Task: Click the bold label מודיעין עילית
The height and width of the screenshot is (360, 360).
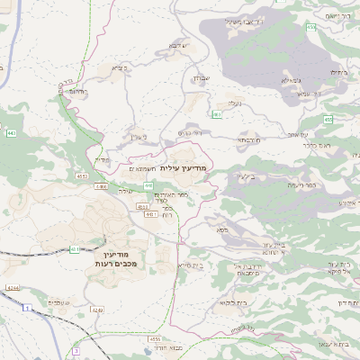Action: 187,168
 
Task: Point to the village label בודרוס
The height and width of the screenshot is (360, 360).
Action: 78,92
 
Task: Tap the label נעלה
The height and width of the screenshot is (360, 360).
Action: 233,104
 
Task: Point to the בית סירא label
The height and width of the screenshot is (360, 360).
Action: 191,265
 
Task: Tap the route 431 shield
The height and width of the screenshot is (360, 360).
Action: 75,249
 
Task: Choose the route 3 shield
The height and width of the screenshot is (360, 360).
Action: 76,350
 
